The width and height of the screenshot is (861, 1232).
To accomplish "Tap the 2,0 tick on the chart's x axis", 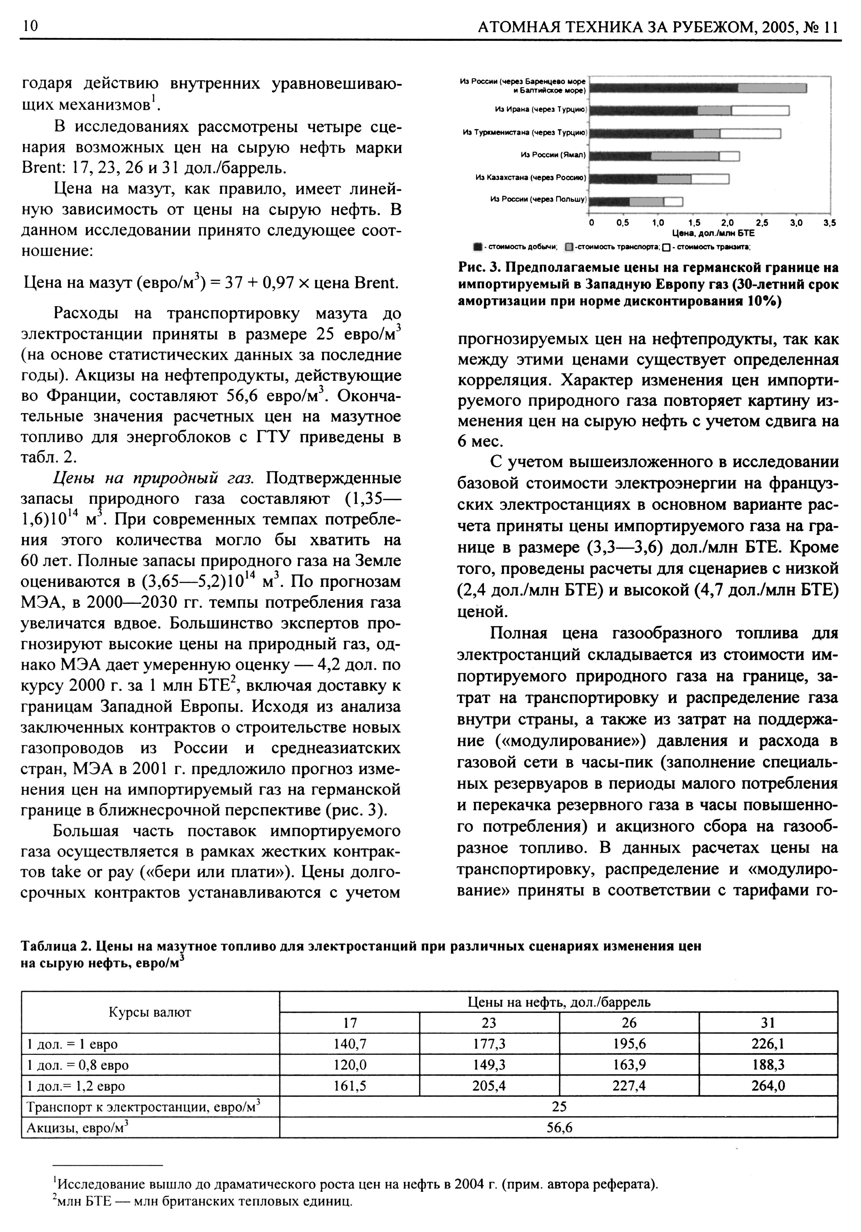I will (727, 223).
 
